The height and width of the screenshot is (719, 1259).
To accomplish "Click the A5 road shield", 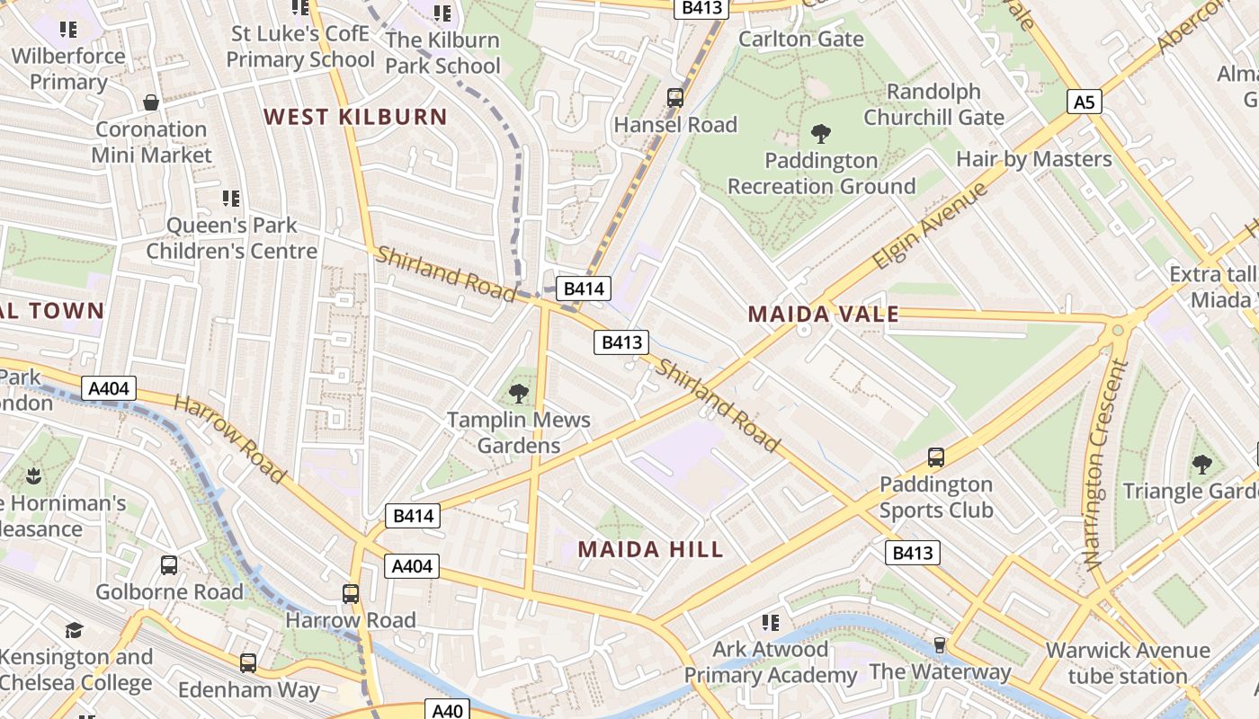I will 1085,102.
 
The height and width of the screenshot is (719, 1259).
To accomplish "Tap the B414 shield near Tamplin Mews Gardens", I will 413,516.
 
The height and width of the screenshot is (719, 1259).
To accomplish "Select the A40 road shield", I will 447,711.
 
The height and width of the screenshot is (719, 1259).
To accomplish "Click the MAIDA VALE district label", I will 823,314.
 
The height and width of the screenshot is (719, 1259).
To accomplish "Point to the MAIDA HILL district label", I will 650,549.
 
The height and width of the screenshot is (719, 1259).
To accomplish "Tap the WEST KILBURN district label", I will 355,117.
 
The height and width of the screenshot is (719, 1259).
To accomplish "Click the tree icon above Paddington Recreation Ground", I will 820,135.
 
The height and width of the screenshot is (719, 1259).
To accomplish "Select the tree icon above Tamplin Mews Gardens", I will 518,393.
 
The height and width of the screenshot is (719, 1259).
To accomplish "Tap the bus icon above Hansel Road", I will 674,98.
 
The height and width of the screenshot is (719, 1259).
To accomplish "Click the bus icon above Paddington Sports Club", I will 935,457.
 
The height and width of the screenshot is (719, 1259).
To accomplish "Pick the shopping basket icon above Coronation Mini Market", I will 151,102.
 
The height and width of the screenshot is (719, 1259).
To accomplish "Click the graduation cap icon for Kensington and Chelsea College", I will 74,630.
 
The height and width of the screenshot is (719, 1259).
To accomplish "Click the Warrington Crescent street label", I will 1105,464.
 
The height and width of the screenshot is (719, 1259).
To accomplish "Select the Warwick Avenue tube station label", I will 1128,663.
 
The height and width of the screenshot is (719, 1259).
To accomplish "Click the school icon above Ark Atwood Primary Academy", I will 770,622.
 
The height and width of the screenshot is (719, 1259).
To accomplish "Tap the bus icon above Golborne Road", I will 169,565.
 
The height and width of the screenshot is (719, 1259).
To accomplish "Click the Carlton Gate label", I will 800,40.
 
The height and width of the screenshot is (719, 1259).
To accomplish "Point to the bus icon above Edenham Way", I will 247,663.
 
